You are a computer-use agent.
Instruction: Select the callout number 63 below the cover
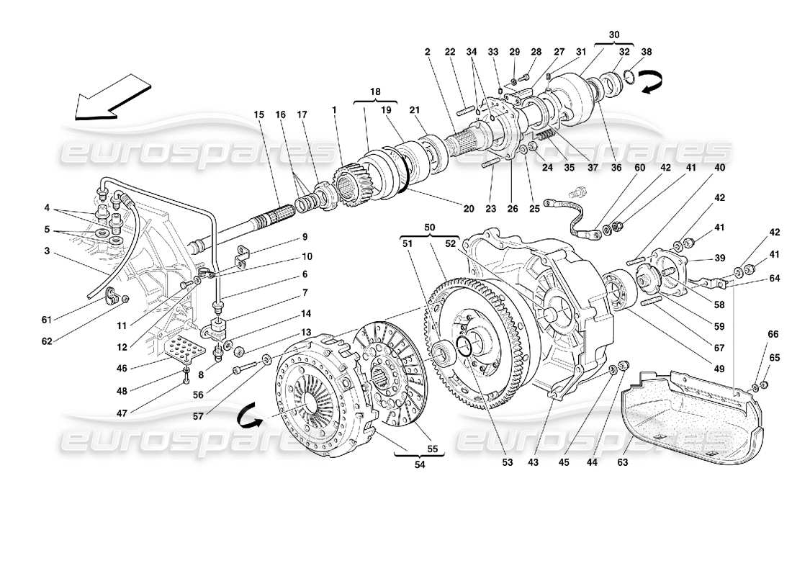click(x=622, y=462)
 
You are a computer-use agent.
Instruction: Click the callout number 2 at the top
click(x=427, y=51)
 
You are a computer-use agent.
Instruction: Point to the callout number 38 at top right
click(x=647, y=51)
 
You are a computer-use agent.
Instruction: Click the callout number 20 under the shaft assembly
click(x=469, y=209)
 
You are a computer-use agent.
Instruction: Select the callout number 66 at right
click(x=773, y=334)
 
